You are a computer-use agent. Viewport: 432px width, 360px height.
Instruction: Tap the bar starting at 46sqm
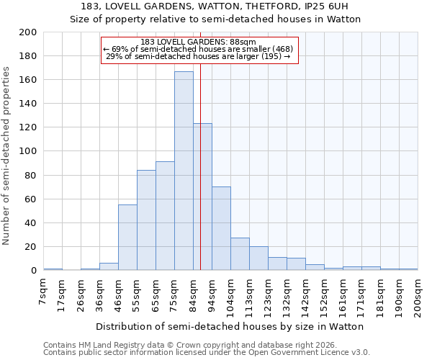(x=127, y=238)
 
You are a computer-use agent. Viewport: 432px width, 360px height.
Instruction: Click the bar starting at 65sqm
(x=165, y=216)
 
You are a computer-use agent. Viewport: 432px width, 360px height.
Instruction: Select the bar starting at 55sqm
(x=146, y=220)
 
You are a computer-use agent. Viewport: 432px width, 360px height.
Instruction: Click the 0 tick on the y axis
(x=34, y=271)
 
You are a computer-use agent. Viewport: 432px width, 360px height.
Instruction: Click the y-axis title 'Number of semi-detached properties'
(x=7, y=155)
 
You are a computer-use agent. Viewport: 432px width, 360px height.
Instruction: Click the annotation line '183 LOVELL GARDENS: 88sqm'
(x=198, y=42)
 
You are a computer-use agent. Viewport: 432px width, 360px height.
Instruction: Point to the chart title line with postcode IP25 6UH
(x=215, y=6)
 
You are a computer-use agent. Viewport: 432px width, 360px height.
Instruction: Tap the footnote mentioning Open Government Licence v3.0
(x=207, y=352)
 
